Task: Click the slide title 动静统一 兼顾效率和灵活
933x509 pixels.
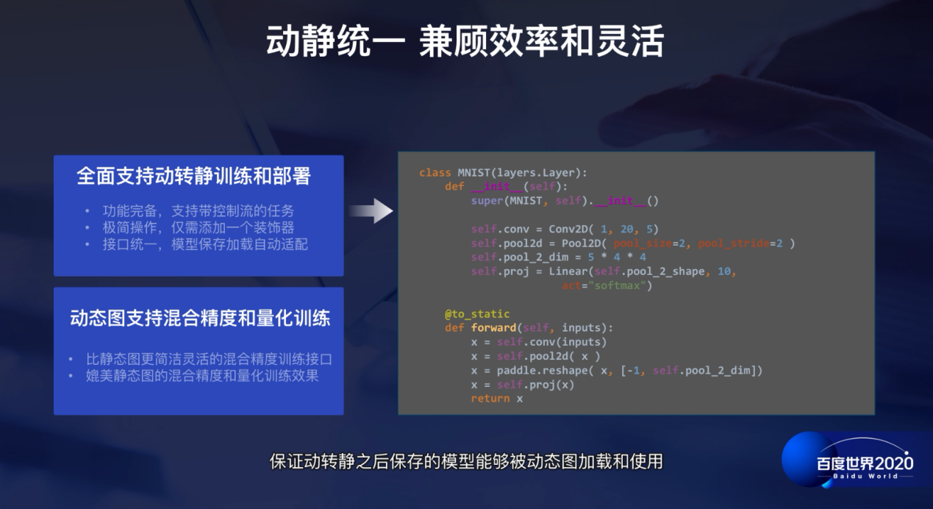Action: click(x=465, y=43)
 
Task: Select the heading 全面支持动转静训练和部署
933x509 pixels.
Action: click(x=194, y=176)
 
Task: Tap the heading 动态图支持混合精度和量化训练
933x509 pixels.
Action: click(x=200, y=318)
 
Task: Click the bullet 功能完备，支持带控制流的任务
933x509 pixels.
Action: click(x=198, y=211)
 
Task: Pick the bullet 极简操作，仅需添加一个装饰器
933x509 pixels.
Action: click(x=198, y=228)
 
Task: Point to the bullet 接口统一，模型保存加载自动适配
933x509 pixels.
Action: click(x=205, y=244)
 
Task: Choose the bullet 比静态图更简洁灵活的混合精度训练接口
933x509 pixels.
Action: click(x=209, y=360)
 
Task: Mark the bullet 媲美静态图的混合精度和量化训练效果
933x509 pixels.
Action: click(x=202, y=377)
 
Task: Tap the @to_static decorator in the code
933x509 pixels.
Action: click(x=476, y=314)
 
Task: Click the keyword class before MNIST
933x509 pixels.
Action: click(x=435, y=173)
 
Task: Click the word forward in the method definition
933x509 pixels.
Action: click(x=493, y=328)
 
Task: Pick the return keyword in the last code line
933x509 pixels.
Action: click(x=490, y=399)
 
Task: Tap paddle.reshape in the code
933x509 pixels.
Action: click(x=544, y=371)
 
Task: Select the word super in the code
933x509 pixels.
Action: click(x=487, y=201)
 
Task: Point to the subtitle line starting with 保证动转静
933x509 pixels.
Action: click(x=466, y=462)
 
